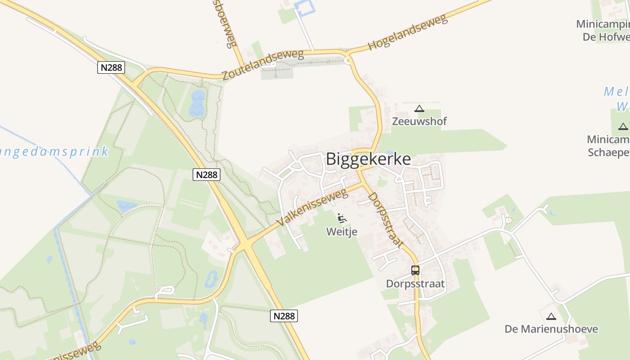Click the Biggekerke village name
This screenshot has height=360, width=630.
click(x=368, y=159)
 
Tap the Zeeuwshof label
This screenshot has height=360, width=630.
click(x=419, y=121)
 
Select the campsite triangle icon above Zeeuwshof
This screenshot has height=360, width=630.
click(x=419, y=108)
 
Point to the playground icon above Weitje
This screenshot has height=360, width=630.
click(x=342, y=219)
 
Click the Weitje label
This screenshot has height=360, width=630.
click(x=342, y=232)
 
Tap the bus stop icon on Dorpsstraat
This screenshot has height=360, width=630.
click(x=415, y=270)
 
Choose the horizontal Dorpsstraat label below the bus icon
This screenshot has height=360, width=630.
click(x=415, y=284)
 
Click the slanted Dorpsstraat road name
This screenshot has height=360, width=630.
click(x=385, y=220)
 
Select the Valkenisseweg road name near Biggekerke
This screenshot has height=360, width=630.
click(x=312, y=207)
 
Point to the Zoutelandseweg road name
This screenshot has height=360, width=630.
click(x=263, y=65)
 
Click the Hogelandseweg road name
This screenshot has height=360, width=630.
click(x=407, y=32)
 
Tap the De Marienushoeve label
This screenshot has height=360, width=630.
click(x=551, y=329)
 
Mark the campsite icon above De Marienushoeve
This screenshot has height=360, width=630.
click(x=551, y=316)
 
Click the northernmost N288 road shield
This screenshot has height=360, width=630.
click(x=111, y=67)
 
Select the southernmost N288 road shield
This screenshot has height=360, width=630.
click(x=284, y=316)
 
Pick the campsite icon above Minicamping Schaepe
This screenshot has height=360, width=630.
click(x=623, y=126)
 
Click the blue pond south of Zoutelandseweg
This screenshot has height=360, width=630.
click(x=198, y=103)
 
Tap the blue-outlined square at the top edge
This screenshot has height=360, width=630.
click(x=304, y=8)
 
